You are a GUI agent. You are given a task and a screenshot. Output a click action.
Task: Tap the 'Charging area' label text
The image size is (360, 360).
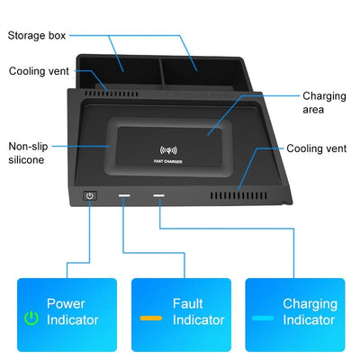coord(324,103)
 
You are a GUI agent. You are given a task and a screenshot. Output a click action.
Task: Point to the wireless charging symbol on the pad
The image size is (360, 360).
coord(167,150)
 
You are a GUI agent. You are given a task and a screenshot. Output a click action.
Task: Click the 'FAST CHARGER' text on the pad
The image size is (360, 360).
coord(168,163)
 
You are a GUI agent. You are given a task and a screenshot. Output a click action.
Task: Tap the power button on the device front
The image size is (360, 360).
coord(89,194)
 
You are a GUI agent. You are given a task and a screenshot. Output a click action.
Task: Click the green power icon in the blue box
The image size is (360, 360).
coord(31,319)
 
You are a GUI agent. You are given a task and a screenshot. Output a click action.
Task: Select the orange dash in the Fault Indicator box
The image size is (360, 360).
coord(151,319)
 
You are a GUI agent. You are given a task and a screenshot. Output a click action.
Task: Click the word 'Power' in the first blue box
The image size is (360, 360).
coord(66,304)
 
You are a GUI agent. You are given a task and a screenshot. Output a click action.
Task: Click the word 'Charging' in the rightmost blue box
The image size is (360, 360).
coord(310,304)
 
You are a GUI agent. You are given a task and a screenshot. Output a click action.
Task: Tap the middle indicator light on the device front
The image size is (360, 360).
coord(122,194)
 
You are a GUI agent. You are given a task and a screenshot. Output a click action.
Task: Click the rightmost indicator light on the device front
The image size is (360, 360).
coord(158,194)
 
